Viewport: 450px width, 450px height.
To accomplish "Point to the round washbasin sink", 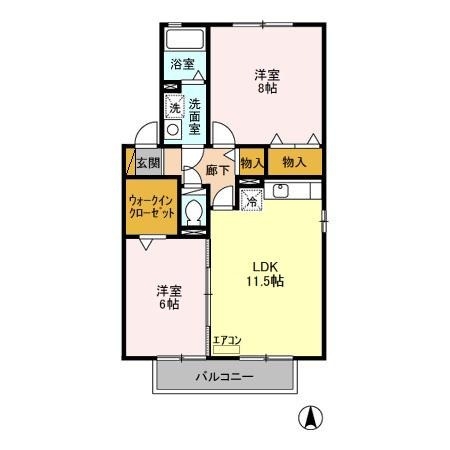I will coord(174,129).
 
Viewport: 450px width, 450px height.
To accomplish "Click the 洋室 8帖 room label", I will coord(265,81).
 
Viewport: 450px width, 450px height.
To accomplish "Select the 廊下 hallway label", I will coord(218,171).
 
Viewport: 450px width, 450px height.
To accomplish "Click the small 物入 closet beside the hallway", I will coord(251,162).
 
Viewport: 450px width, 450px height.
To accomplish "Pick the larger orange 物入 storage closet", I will coord(294,162).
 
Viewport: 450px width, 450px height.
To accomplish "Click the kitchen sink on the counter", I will coord(281,189).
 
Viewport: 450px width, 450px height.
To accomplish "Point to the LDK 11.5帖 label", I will coord(267,274).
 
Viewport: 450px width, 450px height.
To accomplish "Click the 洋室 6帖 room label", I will coord(167,297).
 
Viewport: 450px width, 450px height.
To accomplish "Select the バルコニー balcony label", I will coord(224,378).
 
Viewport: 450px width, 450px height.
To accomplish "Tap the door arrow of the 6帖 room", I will coord(147,245).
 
